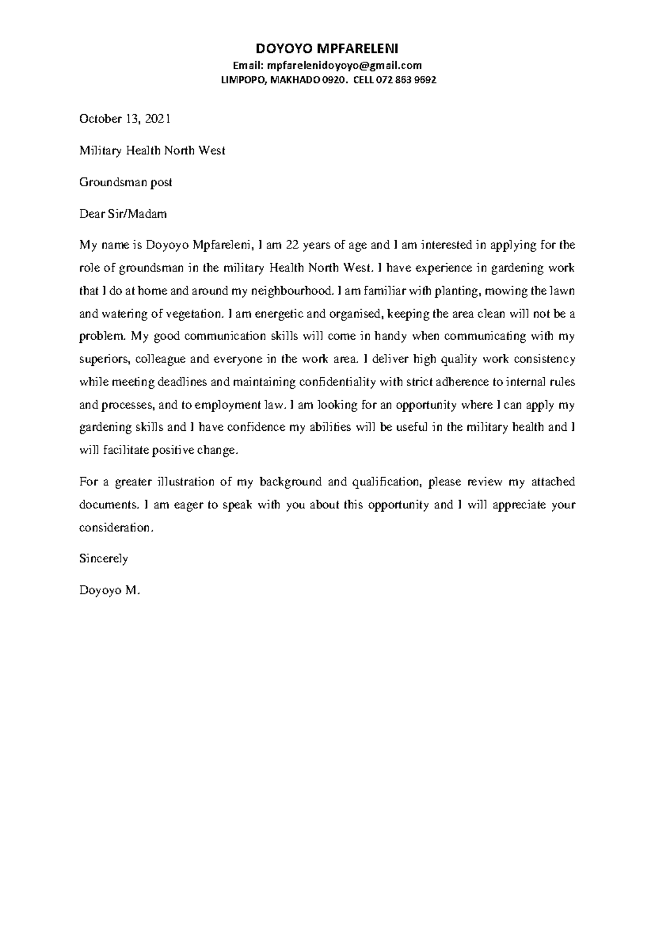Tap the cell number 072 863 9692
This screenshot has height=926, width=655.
407,80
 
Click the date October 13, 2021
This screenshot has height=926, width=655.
125,119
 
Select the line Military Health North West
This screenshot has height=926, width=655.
152,151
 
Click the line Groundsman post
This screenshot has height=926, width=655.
126,182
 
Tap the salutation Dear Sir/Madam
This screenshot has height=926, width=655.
123,214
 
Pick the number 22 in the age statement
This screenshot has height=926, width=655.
292,245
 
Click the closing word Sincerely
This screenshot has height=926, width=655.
104,559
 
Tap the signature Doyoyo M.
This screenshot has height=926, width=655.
110,590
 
